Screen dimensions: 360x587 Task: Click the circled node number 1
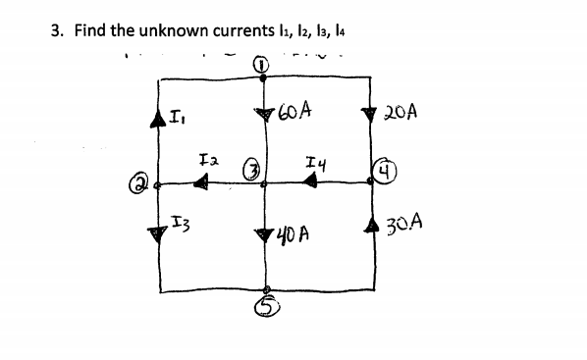[261, 65]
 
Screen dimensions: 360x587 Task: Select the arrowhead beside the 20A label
[372, 114]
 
